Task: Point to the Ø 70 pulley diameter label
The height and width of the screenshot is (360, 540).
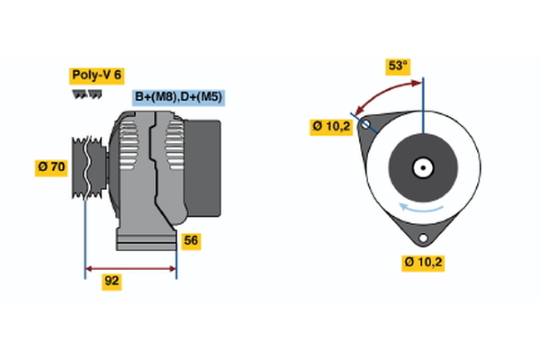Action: pyautogui.click(x=52, y=166)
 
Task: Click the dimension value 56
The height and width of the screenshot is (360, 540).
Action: pyautogui.click(x=190, y=240)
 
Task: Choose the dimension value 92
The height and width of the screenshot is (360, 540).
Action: pyautogui.click(x=112, y=281)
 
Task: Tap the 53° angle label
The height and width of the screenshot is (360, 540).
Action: pyautogui.click(x=398, y=66)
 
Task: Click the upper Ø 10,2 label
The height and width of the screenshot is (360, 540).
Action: pyautogui.click(x=331, y=127)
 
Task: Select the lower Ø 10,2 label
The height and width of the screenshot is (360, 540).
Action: pyautogui.click(x=423, y=263)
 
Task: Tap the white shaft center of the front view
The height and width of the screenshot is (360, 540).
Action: pyautogui.click(x=422, y=167)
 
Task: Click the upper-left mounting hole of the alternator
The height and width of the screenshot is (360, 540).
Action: pyautogui.click(x=365, y=125)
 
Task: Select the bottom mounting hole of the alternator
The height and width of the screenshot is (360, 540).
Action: pyautogui.click(x=422, y=238)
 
